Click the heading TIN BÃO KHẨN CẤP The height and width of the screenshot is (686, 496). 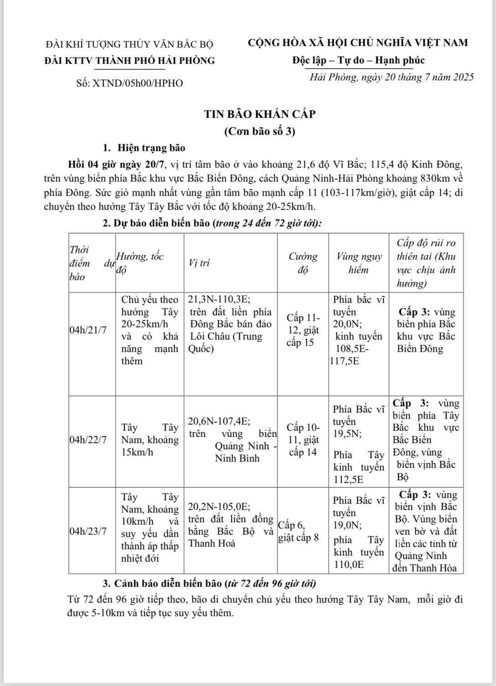coord(260,114)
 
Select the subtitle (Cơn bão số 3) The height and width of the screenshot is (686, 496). coord(260,132)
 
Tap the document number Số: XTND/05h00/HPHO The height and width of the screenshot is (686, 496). coord(130,83)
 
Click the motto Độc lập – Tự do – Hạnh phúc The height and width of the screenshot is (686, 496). coord(358,60)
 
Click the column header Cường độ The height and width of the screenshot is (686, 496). coord(303,263)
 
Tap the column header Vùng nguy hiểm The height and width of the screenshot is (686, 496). coord(359,263)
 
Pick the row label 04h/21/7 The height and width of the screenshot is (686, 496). coord(88,330)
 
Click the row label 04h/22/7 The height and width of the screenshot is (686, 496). coord(88,440)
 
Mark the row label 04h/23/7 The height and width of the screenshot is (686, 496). coord(88,532)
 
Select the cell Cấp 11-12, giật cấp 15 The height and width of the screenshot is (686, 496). coord(303,330)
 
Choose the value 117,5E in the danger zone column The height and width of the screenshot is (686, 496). coord(344,361)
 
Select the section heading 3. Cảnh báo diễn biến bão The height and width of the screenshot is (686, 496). coord(209,584)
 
